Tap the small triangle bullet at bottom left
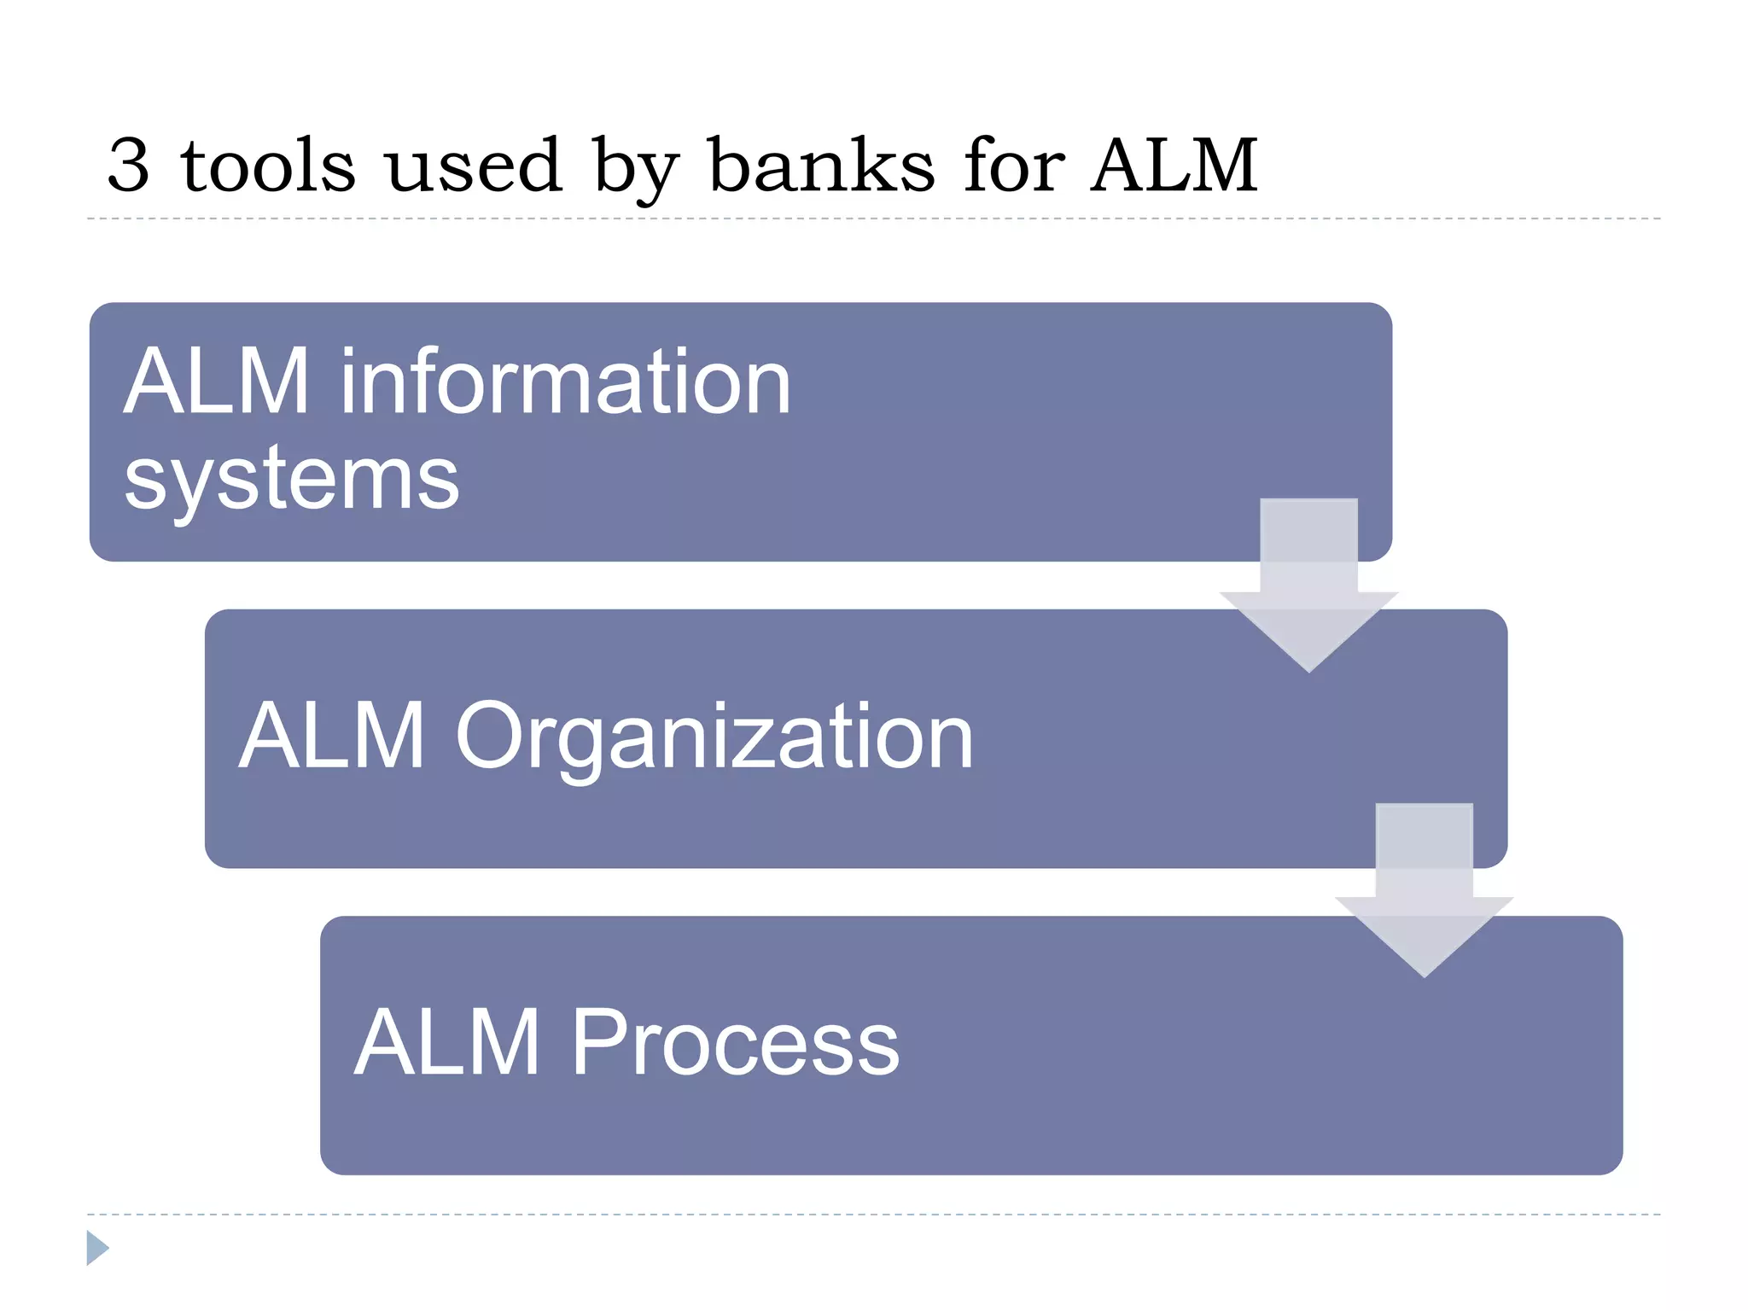(97, 1248)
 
